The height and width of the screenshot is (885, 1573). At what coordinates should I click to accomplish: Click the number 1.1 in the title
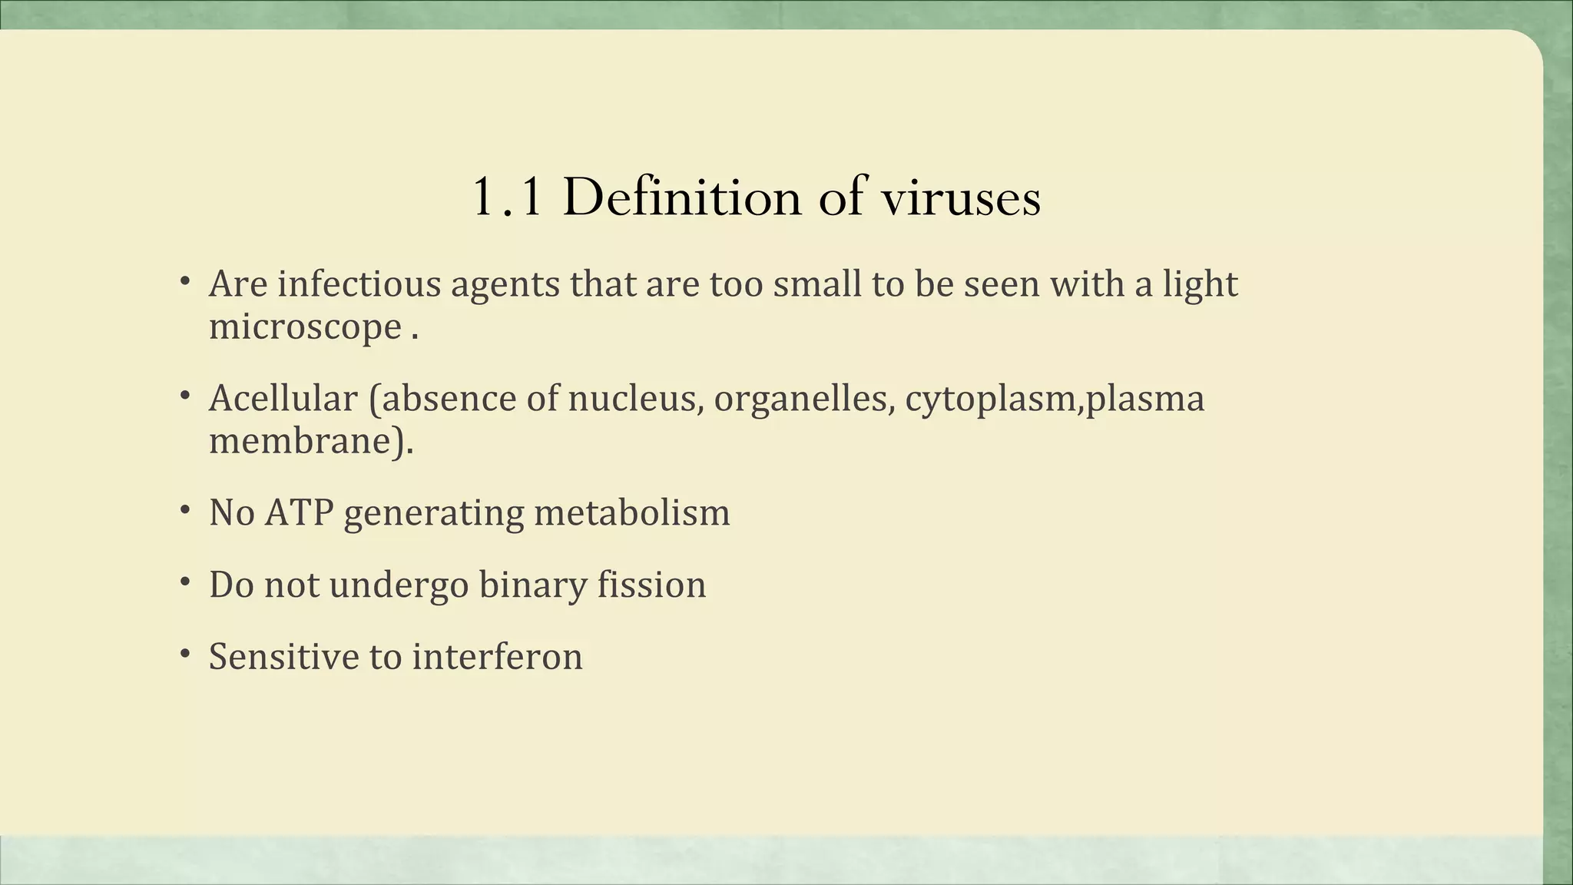tap(507, 197)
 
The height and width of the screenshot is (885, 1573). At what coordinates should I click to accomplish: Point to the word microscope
tap(305, 327)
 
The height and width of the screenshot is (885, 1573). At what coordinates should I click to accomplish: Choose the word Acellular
tap(283, 398)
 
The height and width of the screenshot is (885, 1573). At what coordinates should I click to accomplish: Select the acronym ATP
tap(299, 512)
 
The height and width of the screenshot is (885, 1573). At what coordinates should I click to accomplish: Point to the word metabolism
tap(631, 512)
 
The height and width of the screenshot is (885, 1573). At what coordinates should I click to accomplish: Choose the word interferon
tap(497, 657)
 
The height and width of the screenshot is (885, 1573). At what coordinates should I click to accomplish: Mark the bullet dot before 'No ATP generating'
tap(185, 510)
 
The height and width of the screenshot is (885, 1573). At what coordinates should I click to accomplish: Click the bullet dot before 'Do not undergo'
tap(185, 582)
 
